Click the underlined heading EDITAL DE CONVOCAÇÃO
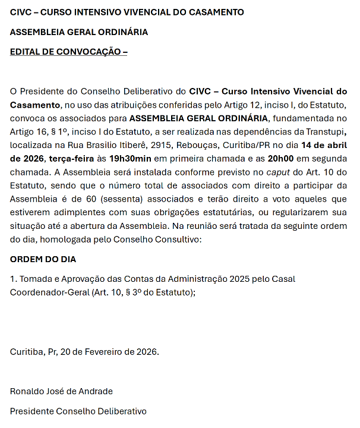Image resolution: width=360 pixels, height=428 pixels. pos(68,52)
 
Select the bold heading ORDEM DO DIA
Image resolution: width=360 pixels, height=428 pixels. pos(43,259)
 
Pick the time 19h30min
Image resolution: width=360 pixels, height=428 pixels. pos(130,158)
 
